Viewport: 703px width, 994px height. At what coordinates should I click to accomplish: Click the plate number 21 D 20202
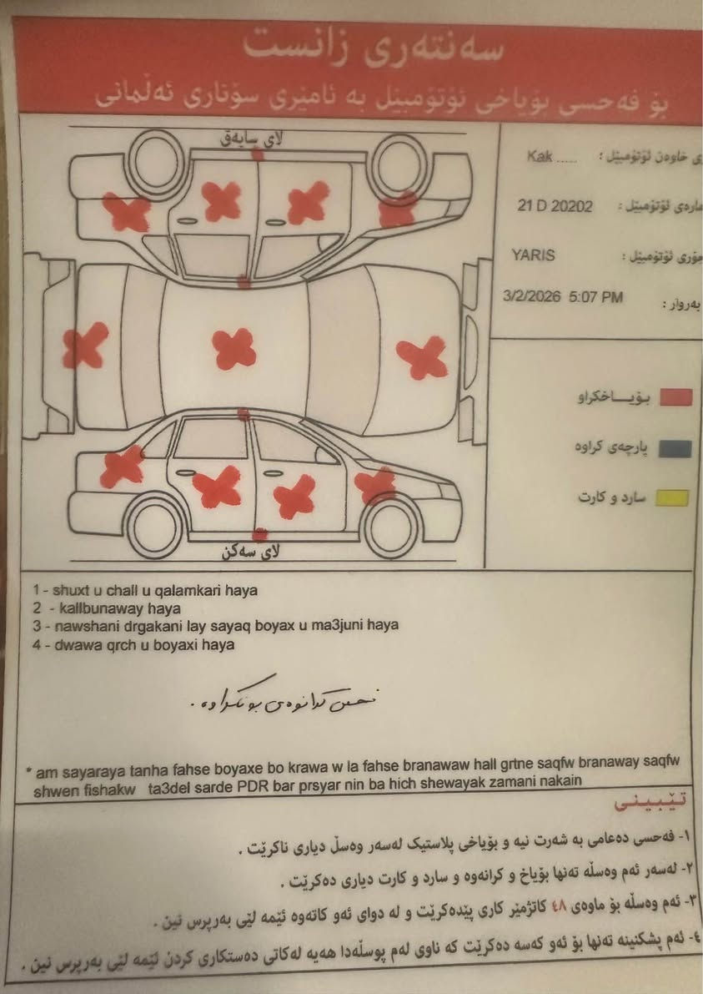click(555, 206)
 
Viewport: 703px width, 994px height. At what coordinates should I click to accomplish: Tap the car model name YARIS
click(534, 255)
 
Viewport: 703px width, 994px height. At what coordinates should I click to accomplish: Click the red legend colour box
click(675, 397)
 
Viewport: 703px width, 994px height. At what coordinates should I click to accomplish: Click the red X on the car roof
click(234, 349)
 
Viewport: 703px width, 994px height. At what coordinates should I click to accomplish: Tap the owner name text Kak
click(540, 157)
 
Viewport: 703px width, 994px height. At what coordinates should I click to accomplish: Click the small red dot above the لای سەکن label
click(261, 532)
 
